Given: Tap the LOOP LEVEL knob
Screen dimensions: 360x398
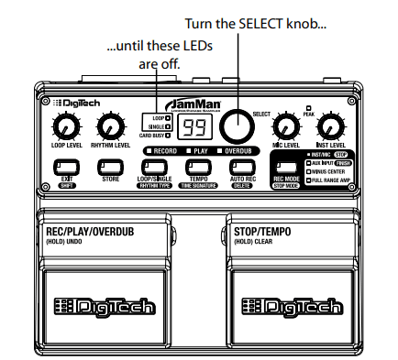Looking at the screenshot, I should [x=64, y=127].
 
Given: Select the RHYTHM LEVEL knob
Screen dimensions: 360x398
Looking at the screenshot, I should [x=110, y=127].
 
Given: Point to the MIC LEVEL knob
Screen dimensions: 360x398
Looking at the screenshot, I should [x=287, y=127].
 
